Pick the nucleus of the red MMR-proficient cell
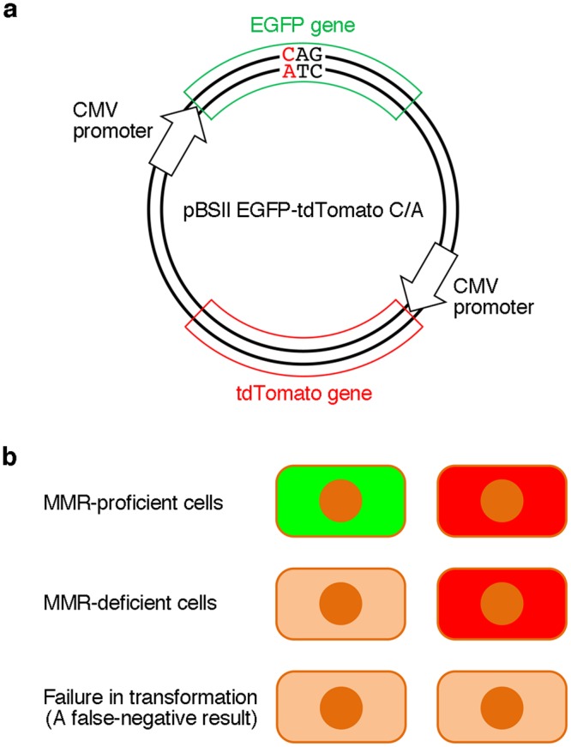click(501, 501)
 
